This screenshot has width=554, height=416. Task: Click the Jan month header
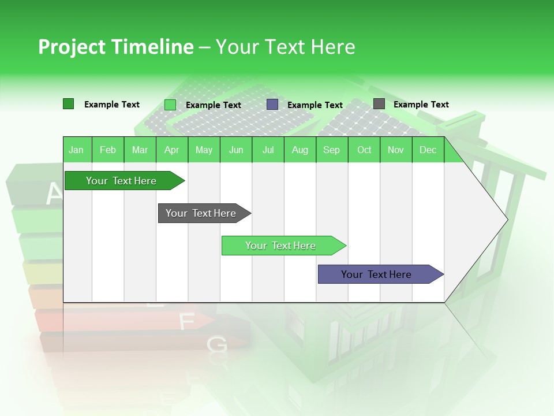(x=76, y=150)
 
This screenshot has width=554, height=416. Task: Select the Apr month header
(x=171, y=150)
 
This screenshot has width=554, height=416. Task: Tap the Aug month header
(x=300, y=150)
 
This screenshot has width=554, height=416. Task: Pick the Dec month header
(x=428, y=150)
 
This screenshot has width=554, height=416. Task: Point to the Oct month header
(x=364, y=150)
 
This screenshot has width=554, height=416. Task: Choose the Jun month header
(x=236, y=150)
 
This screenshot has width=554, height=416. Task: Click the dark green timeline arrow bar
(x=121, y=181)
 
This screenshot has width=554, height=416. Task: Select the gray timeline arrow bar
(x=201, y=213)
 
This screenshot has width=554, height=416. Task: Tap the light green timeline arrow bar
(x=280, y=246)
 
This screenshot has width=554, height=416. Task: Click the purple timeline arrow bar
(x=376, y=274)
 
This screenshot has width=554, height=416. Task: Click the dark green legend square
(x=69, y=104)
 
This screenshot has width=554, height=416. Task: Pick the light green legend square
(x=170, y=105)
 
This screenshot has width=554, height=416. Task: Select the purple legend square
(x=272, y=105)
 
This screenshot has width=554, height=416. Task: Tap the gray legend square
(x=379, y=104)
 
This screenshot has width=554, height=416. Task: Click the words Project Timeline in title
(x=115, y=47)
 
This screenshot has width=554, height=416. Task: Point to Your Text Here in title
(x=285, y=47)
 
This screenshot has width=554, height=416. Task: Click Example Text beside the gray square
(x=421, y=105)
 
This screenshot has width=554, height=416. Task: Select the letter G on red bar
(x=217, y=345)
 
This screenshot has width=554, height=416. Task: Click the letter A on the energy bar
(x=54, y=194)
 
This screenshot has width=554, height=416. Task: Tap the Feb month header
(x=108, y=150)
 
